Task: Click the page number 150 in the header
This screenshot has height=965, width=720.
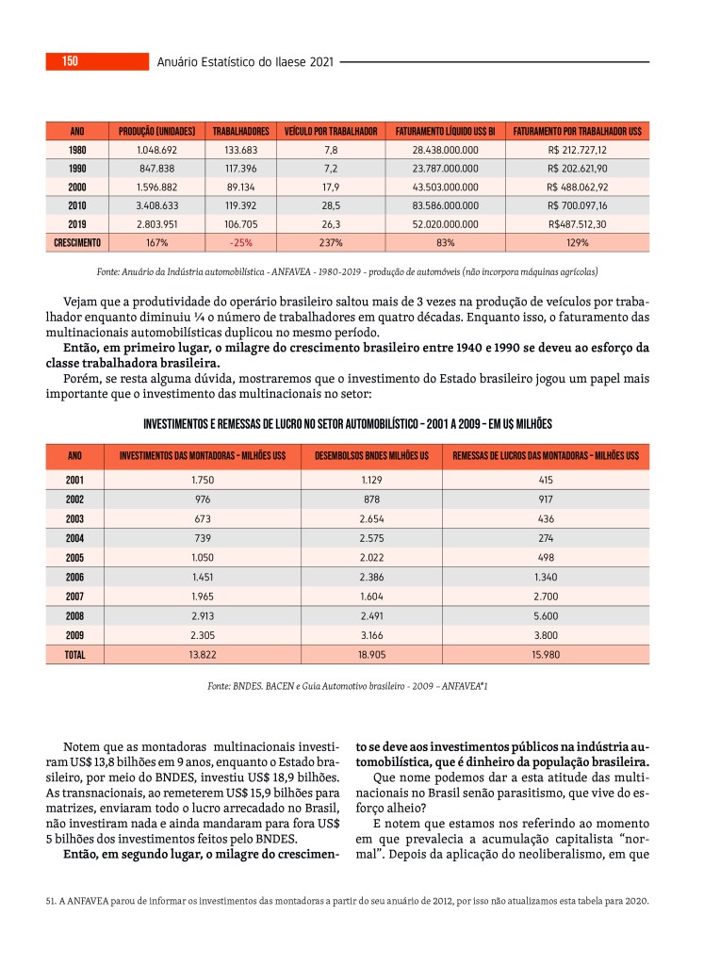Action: (x=70, y=62)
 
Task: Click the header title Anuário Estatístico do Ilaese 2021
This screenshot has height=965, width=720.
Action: (x=245, y=62)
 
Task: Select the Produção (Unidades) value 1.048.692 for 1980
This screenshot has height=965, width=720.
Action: (x=156, y=150)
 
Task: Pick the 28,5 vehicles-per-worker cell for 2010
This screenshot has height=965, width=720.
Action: (x=331, y=205)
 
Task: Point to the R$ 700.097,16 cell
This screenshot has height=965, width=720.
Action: (x=578, y=205)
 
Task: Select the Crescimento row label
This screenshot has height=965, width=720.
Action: (x=77, y=242)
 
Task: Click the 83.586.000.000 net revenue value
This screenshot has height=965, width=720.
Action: (x=446, y=205)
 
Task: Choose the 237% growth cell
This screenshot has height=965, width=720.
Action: (x=331, y=242)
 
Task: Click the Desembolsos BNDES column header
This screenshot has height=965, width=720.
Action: (x=371, y=456)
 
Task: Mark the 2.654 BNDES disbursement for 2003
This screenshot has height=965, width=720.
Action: (x=371, y=518)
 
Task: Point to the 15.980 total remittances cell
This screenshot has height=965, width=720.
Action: (x=546, y=653)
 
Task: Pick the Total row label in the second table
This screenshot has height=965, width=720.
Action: (x=75, y=653)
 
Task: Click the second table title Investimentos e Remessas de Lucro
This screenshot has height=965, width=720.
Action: (x=347, y=423)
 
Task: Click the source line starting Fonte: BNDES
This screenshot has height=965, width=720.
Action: (x=347, y=687)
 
